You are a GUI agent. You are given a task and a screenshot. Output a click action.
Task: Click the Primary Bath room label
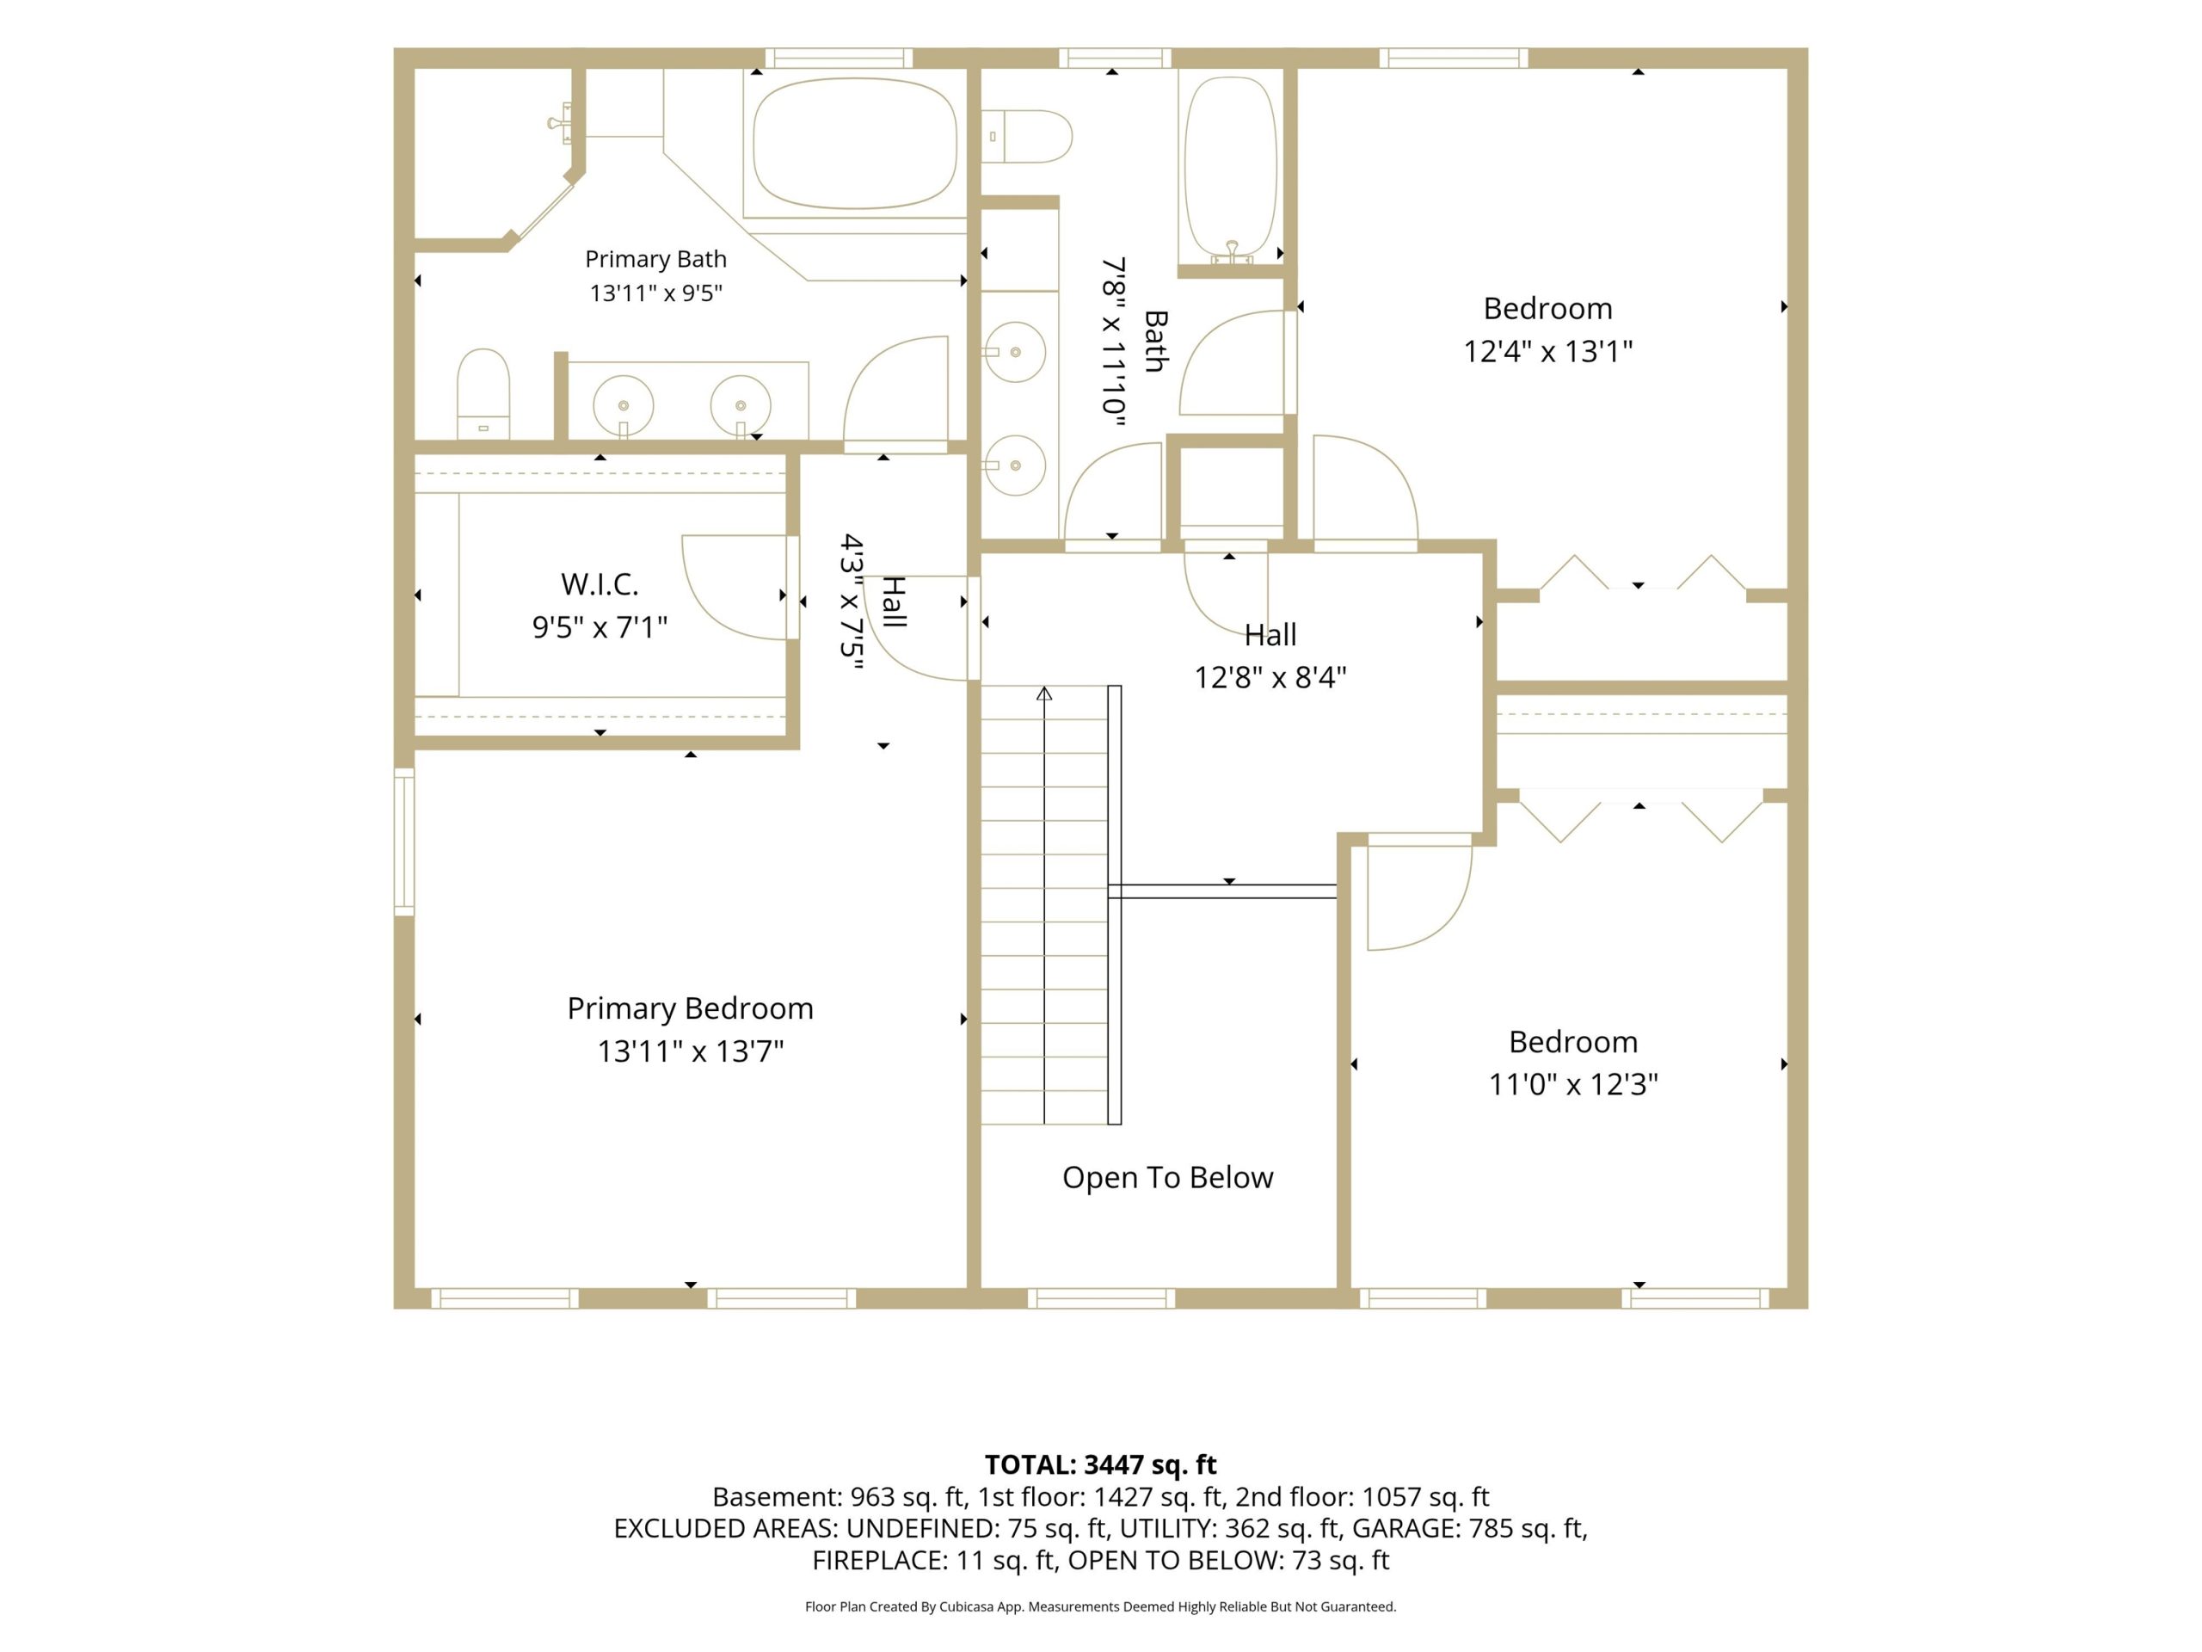(655, 259)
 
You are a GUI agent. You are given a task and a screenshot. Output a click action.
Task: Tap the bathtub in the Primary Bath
(854, 144)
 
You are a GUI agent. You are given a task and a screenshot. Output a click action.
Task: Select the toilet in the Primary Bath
(483, 393)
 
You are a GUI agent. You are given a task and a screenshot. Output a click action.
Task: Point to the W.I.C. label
(600, 583)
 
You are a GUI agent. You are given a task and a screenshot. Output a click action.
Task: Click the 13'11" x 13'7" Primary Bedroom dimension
(690, 1051)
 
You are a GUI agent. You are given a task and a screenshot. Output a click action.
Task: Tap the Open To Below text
(1168, 1177)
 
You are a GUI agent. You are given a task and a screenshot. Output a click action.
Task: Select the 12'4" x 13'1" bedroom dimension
(1548, 352)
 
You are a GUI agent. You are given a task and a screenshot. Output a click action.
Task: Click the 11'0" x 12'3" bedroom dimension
(1573, 1084)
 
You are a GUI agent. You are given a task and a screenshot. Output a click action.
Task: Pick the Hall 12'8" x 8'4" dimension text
(1270, 678)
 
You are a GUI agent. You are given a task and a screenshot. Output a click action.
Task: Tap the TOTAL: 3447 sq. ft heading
(1101, 1464)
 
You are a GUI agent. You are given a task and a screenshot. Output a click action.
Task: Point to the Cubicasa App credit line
(1101, 1606)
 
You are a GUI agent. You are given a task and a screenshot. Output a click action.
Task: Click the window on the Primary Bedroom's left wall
(404, 841)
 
